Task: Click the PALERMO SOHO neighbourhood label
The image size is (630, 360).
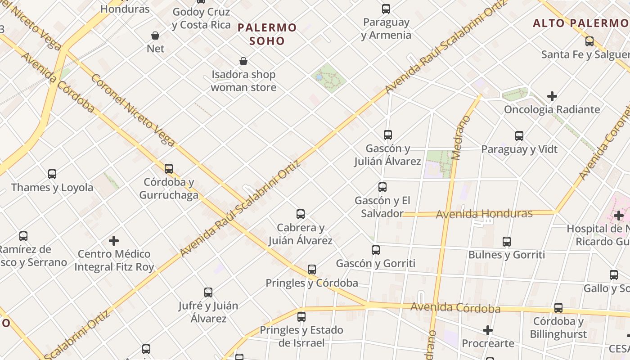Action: click(x=267, y=34)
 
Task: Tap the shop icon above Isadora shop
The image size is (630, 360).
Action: click(x=243, y=61)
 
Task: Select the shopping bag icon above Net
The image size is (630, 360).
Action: click(x=155, y=36)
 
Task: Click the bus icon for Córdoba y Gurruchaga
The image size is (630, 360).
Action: click(x=169, y=169)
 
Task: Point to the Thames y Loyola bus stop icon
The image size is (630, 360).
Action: click(x=52, y=174)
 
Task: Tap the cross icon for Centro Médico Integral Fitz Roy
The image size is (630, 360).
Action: click(x=114, y=241)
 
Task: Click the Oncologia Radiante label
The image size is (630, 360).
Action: click(x=552, y=109)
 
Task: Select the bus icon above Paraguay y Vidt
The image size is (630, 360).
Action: click(x=519, y=136)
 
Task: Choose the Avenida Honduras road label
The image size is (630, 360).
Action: click(x=484, y=214)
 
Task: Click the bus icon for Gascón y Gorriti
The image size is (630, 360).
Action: click(x=376, y=250)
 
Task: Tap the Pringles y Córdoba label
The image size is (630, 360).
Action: click(x=312, y=283)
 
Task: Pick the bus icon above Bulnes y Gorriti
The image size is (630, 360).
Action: click(x=507, y=242)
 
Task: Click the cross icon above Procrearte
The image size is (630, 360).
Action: click(x=488, y=331)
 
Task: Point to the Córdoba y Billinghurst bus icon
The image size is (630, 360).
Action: click(x=558, y=308)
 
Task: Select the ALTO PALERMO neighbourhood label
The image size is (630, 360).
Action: click(x=580, y=23)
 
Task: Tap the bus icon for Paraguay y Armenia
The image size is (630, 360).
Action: click(x=386, y=9)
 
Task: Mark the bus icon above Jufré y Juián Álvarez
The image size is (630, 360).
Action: click(x=208, y=292)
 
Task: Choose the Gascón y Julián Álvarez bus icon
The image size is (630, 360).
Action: click(x=387, y=135)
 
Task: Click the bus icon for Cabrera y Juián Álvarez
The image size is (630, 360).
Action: click(x=301, y=214)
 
